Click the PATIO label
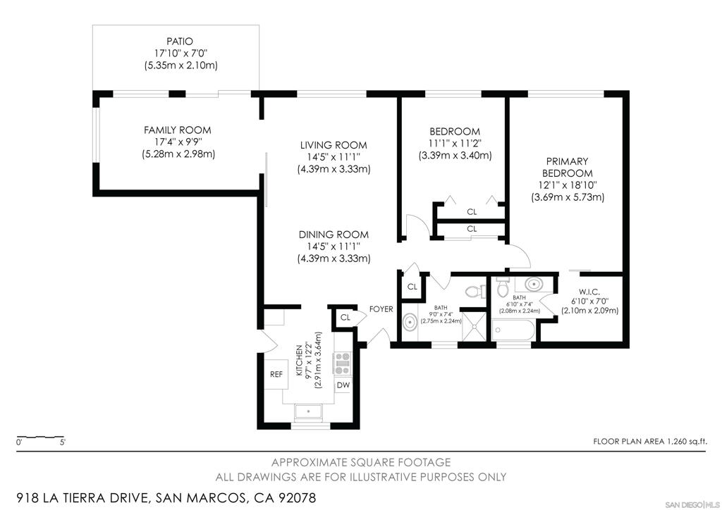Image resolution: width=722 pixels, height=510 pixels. point(180,42)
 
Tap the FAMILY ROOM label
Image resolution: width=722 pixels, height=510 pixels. point(177,130)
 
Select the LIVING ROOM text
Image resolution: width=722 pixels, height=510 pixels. point(334,145)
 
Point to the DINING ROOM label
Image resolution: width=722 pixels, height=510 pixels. point(334,235)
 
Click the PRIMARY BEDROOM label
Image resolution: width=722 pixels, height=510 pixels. point(568,168)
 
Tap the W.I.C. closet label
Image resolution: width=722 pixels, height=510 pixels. point(589,292)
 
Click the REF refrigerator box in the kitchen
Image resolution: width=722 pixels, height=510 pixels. point(276,374)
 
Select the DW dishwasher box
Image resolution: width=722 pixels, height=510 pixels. point(343,385)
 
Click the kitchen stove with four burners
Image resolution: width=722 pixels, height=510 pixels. point(342,363)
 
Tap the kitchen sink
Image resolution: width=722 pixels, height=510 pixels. point(308,411)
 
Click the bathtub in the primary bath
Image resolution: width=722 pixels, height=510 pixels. point(513,330)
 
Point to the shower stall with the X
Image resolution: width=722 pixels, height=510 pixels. point(474,327)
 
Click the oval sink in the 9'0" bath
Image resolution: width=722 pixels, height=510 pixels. point(409,323)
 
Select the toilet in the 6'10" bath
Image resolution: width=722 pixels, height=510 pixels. point(502,287)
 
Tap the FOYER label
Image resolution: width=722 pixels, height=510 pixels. point(381,309)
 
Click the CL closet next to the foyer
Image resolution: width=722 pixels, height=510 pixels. point(345,317)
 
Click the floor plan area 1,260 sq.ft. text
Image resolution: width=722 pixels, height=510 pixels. point(649,442)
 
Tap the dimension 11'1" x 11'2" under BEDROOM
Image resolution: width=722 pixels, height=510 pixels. point(455,144)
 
